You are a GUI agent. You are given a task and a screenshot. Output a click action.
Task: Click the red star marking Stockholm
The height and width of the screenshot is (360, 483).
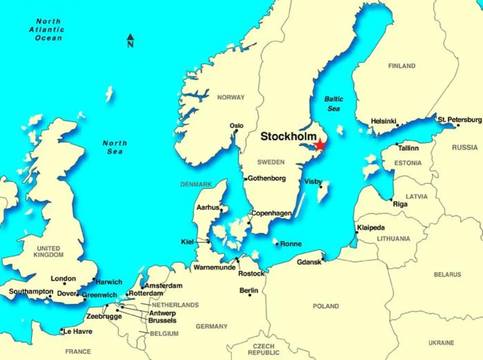[x=320, y=145]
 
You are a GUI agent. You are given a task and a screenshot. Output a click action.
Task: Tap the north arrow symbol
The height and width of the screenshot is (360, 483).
[x=130, y=40]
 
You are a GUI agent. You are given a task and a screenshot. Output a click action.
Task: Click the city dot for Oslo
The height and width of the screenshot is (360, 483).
[x=236, y=131]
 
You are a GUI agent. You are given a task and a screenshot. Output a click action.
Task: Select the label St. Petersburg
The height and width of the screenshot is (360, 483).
[x=460, y=120]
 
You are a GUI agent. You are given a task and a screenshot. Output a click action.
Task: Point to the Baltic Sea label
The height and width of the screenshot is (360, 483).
[x=334, y=104]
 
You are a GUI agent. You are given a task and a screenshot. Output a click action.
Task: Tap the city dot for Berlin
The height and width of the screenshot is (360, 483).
[x=250, y=295]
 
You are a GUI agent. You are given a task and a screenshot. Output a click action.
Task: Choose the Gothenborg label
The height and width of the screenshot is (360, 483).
[x=267, y=178]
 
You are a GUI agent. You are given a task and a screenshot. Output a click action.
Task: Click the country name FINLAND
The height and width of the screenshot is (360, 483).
[x=402, y=66]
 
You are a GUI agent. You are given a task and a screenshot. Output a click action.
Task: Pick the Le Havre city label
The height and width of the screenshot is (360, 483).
[x=78, y=331]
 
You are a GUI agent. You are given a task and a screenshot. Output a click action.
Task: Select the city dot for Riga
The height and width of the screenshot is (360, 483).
[x=391, y=200]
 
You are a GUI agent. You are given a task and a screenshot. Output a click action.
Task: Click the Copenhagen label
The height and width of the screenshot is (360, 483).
[x=271, y=213]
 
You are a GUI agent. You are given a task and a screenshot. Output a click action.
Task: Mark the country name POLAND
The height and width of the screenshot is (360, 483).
[x=326, y=306]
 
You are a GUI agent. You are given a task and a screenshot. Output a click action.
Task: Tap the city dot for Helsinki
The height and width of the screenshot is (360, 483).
[x=398, y=125]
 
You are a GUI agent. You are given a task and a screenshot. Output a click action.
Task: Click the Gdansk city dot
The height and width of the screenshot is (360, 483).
[x=323, y=260]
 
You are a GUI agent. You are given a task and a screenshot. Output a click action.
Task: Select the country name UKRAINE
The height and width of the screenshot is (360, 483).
[x=441, y=343]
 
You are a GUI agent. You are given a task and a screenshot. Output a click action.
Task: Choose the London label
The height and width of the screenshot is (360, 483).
[x=63, y=279]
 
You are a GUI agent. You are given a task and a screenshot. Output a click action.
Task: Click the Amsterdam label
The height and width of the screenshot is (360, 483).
[x=164, y=286]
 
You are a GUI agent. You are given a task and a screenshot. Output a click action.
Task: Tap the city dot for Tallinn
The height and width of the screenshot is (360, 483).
[x=397, y=144]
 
